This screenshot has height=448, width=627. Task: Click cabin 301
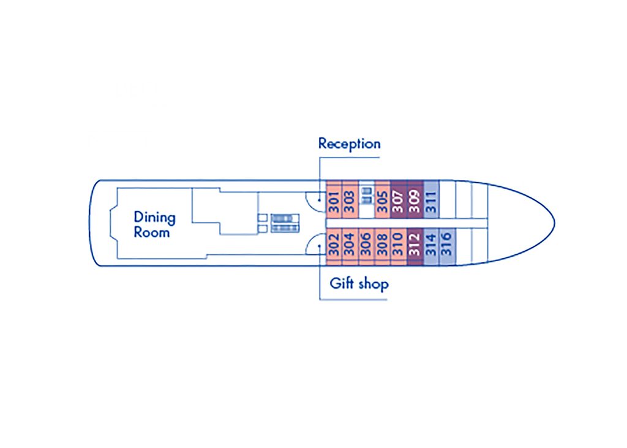(x=334, y=200)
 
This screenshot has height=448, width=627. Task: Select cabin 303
(x=350, y=200)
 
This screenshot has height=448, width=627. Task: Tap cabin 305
(x=383, y=200)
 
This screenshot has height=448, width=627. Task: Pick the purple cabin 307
(x=399, y=200)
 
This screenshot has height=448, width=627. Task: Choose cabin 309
(x=415, y=200)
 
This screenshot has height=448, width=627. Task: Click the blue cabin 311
(x=431, y=200)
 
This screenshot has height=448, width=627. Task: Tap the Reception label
(x=349, y=144)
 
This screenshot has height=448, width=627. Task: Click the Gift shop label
(x=359, y=284)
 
